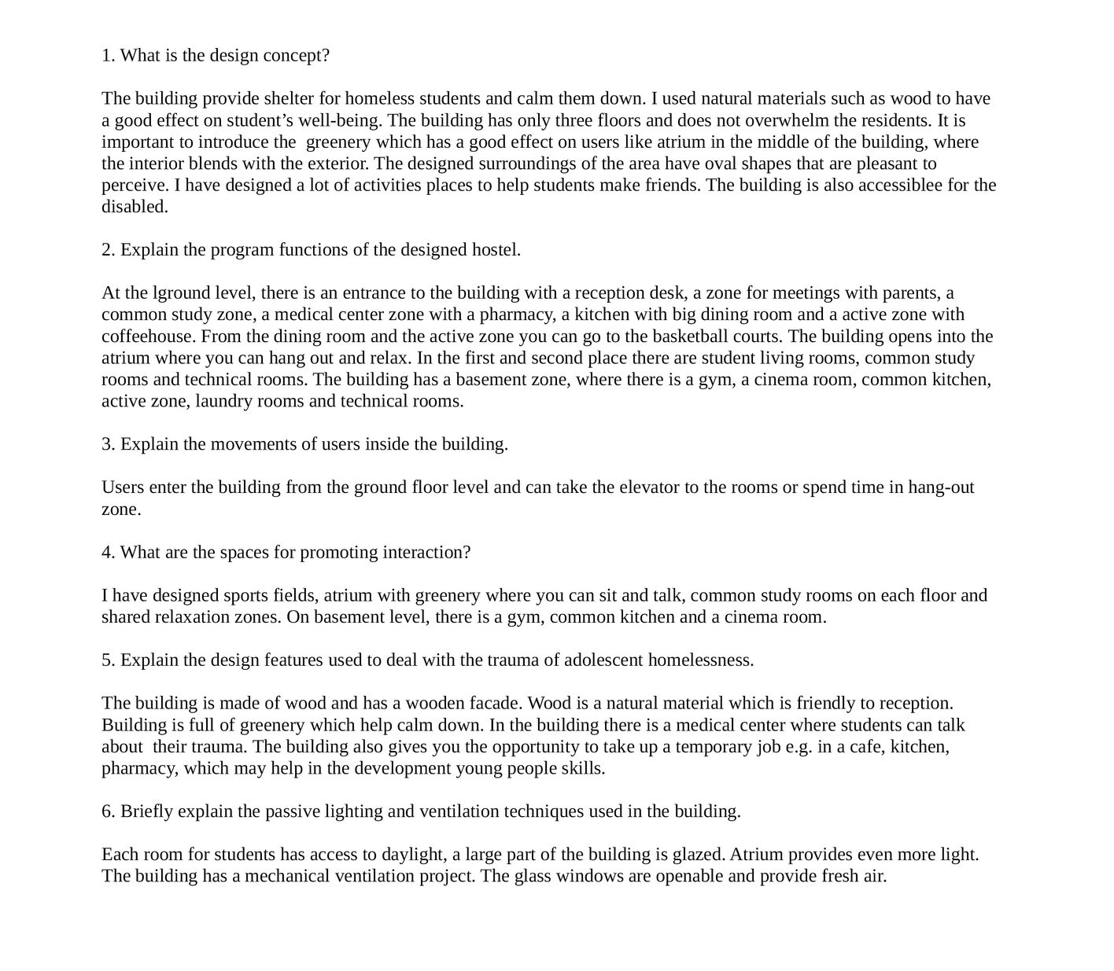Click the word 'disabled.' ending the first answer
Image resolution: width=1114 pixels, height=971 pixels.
tap(135, 207)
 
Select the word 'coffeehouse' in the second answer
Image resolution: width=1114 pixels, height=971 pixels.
tap(149, 337)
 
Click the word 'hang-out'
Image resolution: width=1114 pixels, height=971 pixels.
tap(941, 487)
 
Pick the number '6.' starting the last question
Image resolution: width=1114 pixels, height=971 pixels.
tap(109, 811)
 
